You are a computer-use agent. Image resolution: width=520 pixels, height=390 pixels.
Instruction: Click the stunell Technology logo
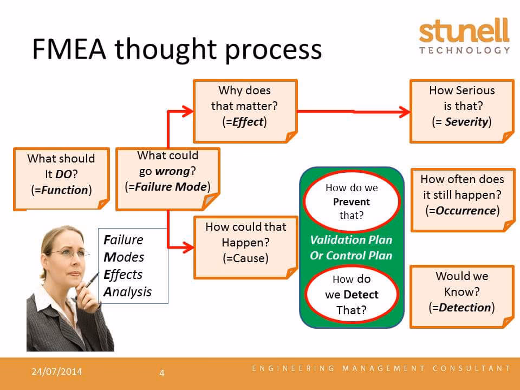[x=464, y=36]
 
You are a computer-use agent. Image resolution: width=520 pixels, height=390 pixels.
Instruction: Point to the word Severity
[x=466, y=122]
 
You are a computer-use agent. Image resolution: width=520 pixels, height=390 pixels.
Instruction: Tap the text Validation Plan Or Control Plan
[x=351, y=248]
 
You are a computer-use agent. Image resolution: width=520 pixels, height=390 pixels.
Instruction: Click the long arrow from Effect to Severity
[x=352, y=111]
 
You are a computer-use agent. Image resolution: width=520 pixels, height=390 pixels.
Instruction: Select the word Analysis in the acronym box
[x=127, y=292]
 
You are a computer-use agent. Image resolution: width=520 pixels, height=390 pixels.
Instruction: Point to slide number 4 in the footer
[x=161, y=373]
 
